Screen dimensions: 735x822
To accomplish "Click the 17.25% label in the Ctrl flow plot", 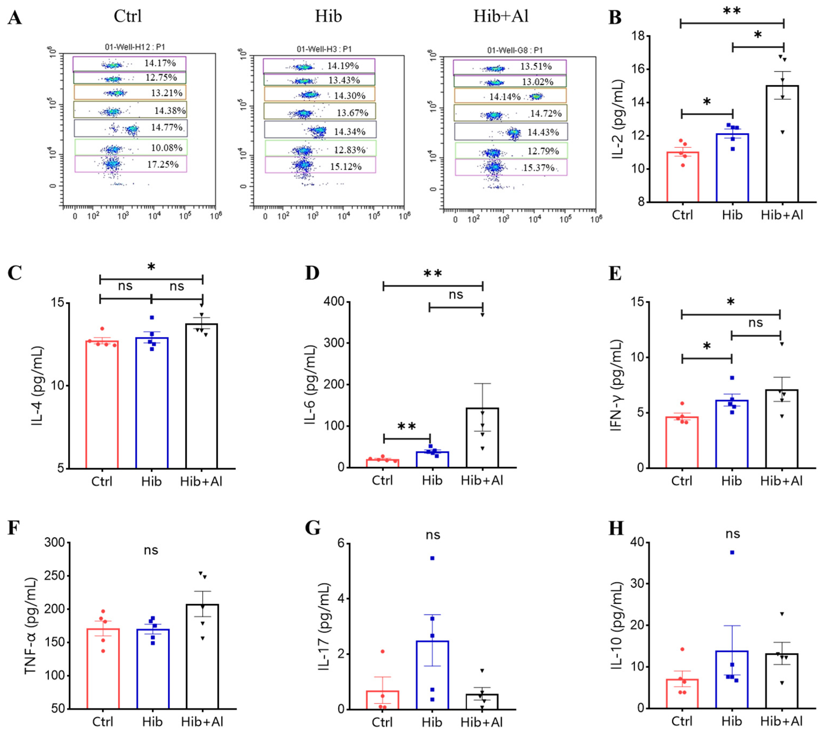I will (x=163, y=164).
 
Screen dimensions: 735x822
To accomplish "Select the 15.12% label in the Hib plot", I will (x=346, y=166).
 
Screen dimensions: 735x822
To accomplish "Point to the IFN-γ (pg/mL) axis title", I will (x=616, y=386).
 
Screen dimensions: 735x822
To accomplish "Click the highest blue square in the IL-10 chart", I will (x=732, y=552).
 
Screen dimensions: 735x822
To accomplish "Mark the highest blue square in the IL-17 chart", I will (x=432, y=558).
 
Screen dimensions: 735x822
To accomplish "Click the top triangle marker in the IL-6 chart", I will (x=482, y=315).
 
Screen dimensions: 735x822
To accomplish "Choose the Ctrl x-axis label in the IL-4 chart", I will (x=101, y=482).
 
